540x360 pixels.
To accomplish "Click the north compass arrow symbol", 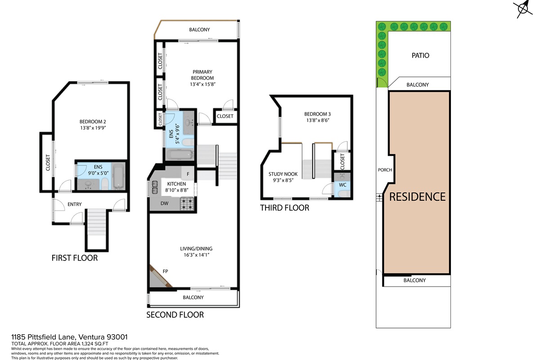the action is coord(522,9).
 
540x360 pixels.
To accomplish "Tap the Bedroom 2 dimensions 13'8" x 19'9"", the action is coord(93,128).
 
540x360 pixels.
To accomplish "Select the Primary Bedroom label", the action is coord(202,75).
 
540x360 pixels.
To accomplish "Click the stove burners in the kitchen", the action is coord(187,204).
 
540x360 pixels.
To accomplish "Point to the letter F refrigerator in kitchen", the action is coord(188,174).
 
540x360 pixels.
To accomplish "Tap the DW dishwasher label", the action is coord(164,203).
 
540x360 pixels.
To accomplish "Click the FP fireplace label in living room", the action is coord(166,271).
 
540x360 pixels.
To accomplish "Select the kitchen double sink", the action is coord(154,188).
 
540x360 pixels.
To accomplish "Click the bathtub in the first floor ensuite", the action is coord(118,176).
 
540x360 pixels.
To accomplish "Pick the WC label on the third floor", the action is coord(342,185).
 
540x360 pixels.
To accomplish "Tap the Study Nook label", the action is coord(283,174).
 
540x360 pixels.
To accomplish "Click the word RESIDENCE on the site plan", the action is coord(417,197).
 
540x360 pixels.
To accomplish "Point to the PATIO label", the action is coord(420,55).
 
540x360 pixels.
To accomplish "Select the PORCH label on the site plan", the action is coord(385,170).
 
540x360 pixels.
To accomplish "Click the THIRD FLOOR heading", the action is coord(284,208).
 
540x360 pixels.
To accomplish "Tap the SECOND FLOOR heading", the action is coord(175,315).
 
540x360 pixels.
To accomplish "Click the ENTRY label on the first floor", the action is coord(75,204).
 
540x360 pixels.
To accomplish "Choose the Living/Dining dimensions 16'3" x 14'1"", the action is coord(197,255).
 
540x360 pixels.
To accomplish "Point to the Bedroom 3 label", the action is coord(318,114).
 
